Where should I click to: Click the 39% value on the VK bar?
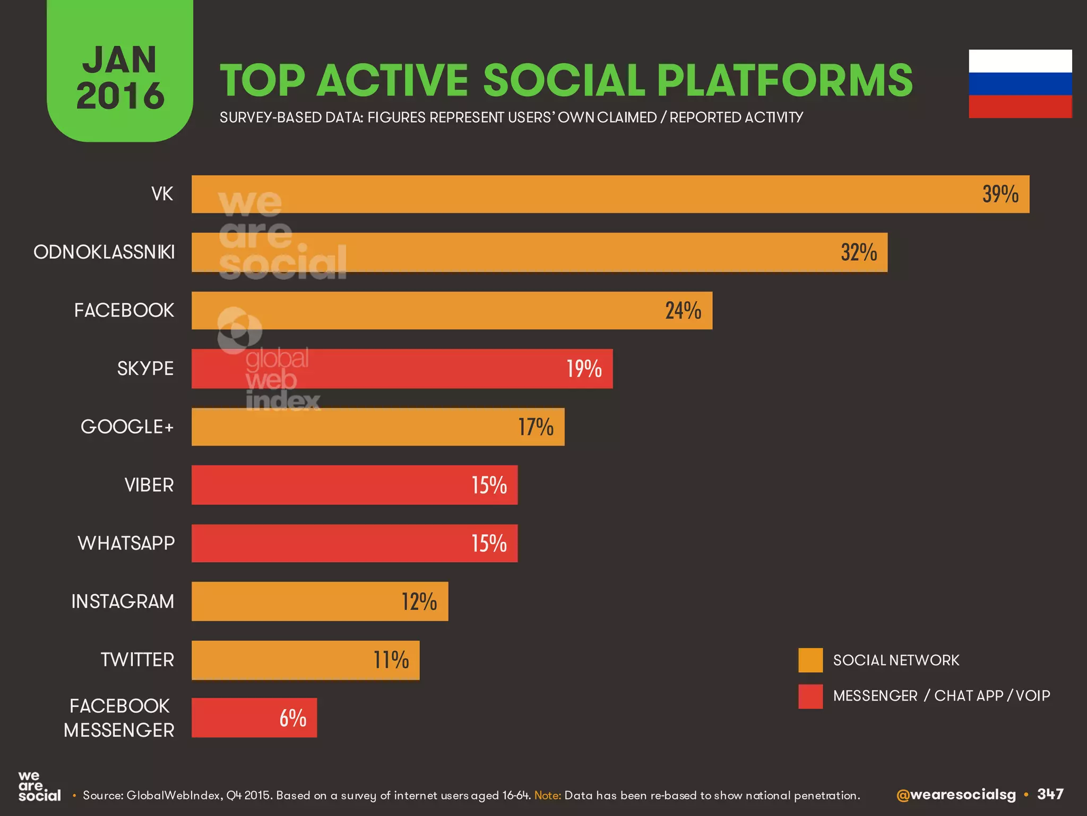tap(1000, 194)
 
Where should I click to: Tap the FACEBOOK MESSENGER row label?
tap(119, 718)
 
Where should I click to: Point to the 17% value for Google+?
tap(536, 427)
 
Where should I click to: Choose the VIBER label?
tap(149, 485)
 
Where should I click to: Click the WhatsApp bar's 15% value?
tap(489, 543)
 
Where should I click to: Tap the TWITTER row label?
tap(137, 660)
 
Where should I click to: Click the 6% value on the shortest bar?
tap(292, 718)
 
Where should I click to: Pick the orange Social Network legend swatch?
tap(810, 660)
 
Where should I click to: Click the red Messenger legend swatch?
tap(810, 696)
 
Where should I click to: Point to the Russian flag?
tap(1020, 84)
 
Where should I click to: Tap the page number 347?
tap(1050, 794)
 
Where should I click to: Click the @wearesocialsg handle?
tap(955, 795)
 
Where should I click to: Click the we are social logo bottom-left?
tap(39, 787)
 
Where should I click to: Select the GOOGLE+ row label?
tap(127, 427)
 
